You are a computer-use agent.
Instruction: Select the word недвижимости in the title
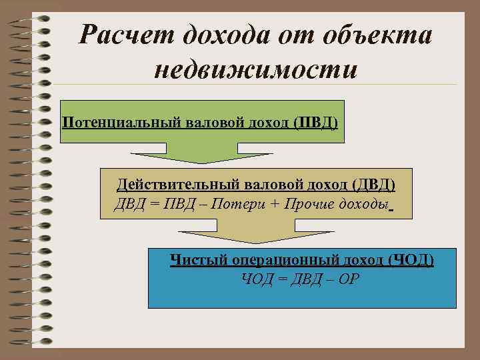pyautogui.click(x=257, y=69)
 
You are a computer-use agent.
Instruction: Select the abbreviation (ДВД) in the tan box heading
pyautogui.click(x=373, y=184)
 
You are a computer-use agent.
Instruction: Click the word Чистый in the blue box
pyautogui.click(x=193, y=259)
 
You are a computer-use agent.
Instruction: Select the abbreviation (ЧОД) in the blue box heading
pyautogui.click(x=411, y=259)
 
